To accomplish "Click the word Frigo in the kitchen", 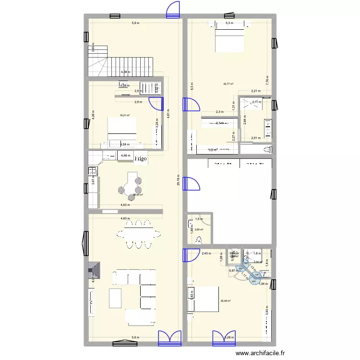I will (141, 158).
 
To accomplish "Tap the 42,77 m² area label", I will (228, 84).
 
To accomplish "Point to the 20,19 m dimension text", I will (178, 182).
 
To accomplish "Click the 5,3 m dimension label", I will (229, 23).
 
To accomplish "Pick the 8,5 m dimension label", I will (191, 88).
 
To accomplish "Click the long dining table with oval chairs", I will (138, 234).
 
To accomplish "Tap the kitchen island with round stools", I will (130, 185).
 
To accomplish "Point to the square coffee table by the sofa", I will (116, 298).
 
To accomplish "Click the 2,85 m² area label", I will (199, 230).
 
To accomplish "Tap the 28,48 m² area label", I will (225, 301).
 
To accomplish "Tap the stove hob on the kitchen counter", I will (92, 170).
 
